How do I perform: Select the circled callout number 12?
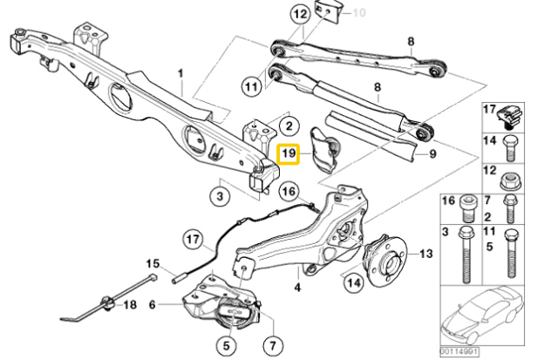(300, 14)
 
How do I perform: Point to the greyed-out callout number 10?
(358, 13)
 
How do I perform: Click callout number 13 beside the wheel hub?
(425, 254)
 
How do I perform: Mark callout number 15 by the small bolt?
(153, 263)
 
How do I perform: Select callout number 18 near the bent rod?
(130, 304)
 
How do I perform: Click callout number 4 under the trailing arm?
(297, 286)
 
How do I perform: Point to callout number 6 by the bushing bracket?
(153, 304)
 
